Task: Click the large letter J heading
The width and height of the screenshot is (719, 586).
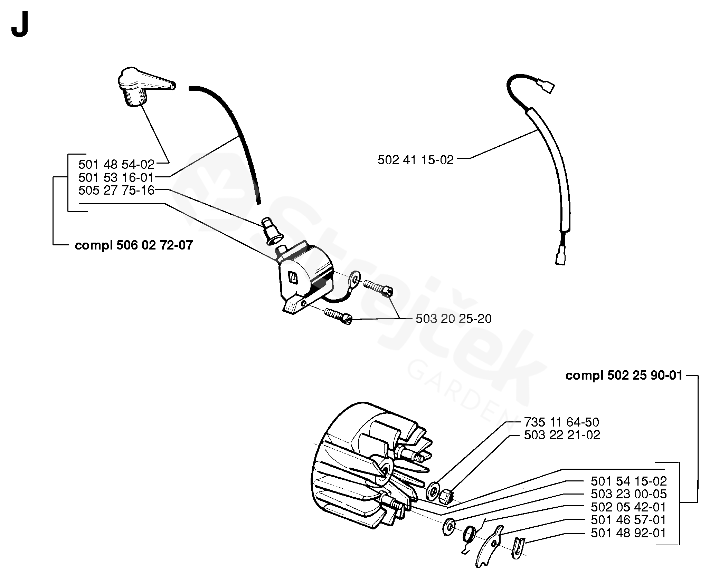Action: coord(19,27)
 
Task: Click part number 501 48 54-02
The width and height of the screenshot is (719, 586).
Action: coord(116,164)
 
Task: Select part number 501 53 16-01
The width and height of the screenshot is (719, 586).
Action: coord(116,177)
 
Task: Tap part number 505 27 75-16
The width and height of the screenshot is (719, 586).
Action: coord(116,191)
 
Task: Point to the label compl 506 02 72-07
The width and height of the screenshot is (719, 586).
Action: coord(134,245)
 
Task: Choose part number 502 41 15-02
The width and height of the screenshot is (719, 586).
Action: coord(415,160)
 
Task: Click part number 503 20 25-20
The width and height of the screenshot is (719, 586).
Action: coord(453,319)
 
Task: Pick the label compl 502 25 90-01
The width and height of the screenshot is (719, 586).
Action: coord(624,375)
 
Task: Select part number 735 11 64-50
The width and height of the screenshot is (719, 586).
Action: coord(562,422)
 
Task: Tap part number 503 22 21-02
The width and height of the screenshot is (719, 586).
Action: coord(562,435)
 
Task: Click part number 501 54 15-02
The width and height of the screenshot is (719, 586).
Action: coord(628,481)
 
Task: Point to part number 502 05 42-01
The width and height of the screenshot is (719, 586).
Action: coord(628,507)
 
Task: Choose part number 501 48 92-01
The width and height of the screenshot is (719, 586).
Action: coord(628,533)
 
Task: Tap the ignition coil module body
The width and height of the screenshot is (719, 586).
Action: coord(304,276)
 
